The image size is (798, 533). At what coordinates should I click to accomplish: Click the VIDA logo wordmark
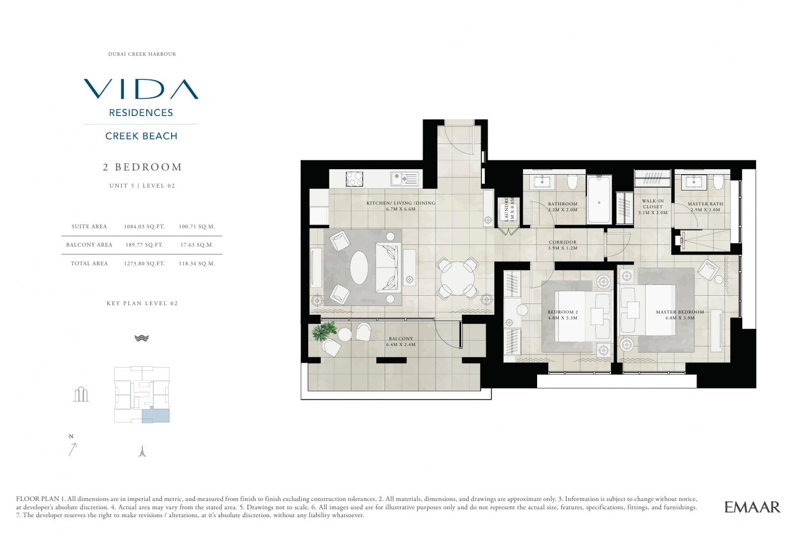coord(141,89)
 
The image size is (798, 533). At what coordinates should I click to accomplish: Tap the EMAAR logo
coord(753,507)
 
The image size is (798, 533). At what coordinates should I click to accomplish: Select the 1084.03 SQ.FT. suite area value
coord(145,227)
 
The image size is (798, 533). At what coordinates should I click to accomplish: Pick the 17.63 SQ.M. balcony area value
coord(197,245)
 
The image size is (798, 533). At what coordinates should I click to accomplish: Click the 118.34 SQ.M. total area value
coord(197,264)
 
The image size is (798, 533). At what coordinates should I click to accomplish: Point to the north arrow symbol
coord(73,449)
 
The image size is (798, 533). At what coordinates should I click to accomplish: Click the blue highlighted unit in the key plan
coord(156,415)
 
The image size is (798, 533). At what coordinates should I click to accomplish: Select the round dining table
coord(457,278)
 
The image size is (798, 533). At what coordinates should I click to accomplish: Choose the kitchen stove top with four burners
coord(355,179)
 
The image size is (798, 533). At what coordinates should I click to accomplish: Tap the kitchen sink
coord(405,179)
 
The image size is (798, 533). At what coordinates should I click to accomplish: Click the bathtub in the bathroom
coord(599,199)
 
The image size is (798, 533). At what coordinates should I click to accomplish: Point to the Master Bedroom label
coord(680,312)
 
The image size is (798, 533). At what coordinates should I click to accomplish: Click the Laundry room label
coord(506,209)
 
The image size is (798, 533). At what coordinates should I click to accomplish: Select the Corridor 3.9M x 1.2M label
coord(563,245)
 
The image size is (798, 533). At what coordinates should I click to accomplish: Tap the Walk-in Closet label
coord(653,203)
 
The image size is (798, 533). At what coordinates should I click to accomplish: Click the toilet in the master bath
coord(718,182)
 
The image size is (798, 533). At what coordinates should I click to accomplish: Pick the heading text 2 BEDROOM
coord(143,167)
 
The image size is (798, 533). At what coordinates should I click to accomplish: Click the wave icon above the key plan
coord(142,338)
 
